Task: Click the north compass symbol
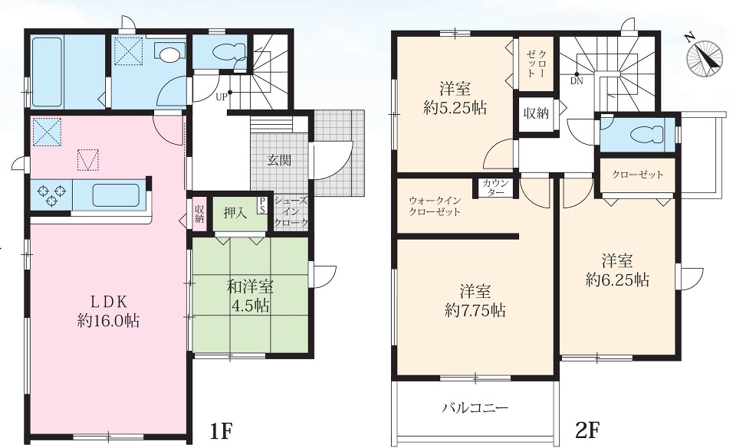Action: click(704, 57)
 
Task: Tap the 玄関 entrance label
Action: click(279, 160)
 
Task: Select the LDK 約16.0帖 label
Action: click(108, 311)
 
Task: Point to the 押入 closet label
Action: click(235, 213)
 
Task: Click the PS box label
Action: click(262, 205)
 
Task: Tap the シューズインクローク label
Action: click(291, 212)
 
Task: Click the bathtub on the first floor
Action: click(47, 72)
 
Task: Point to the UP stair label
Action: click(222, 97)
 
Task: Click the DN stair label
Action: click(577, 80)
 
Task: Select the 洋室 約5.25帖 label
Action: click(455, 99)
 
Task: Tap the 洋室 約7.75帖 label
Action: click(475, 301)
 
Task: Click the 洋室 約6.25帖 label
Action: click(617, 270)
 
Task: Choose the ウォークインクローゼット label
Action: click(435, 206)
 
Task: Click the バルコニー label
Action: click(475, 407)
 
